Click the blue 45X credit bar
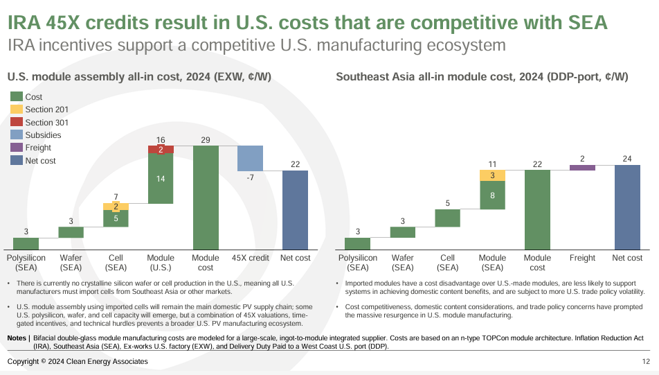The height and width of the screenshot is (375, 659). [x=250, y=158]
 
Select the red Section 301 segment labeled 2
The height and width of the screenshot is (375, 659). [x=161, y=150]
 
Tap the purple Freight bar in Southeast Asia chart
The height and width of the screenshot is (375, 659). [x=582, y=167]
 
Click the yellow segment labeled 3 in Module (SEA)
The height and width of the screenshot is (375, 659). [x=492, y=175]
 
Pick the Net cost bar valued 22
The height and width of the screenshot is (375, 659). [x=295, y=209]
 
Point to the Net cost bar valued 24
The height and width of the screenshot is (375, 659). [x=627, y=207]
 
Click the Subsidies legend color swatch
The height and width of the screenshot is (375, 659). [x=17, y=135]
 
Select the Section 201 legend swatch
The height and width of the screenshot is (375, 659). [x=17, y=110]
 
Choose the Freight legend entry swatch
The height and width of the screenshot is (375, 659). [x=17, y=148]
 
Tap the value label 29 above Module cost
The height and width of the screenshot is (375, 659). [x=206, y=140]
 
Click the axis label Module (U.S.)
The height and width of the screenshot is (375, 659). [x=161, y=262]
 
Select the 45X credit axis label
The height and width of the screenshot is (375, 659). [x=250, y=258]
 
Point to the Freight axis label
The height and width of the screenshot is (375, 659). [x=582, y=258]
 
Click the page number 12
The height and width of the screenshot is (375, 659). [x=646, y=362]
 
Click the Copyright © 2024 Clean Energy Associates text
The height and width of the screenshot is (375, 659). [x=78, y=362]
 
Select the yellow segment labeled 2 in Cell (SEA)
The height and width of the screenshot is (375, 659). [x=116, y=207]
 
